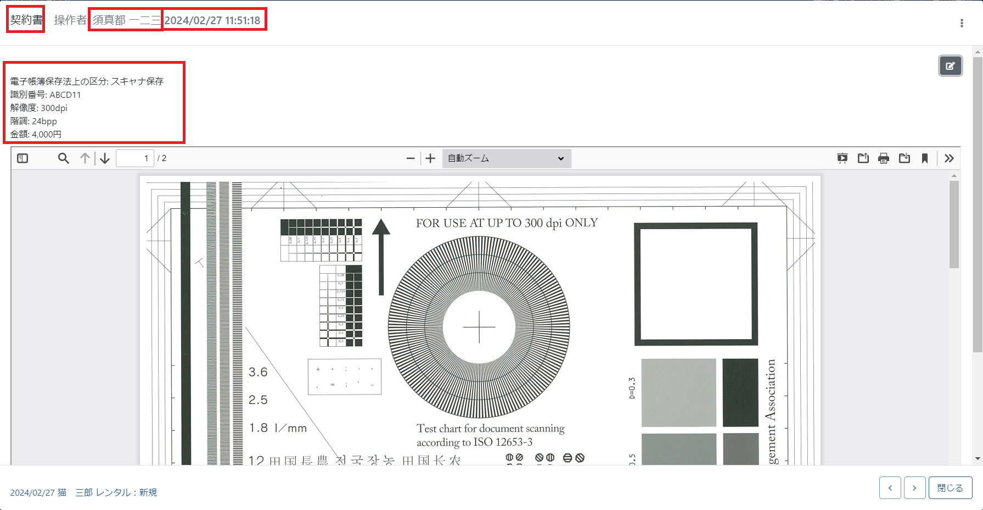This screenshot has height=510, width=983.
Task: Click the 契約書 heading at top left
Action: click(26, 20)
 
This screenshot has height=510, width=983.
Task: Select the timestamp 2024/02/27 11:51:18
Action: click(212, 20)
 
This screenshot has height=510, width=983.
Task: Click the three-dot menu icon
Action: click(961, 23)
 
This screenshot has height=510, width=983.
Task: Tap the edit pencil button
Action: click(950, 66)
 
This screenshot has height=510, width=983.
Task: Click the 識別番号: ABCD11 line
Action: click(46, 95)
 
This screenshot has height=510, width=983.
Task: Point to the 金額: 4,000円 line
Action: click(36, 134)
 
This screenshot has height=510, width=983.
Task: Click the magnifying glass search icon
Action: click(64, 158)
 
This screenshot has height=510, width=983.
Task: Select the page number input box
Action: click(134, 158)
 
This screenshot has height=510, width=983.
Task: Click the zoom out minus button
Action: click(410, 158)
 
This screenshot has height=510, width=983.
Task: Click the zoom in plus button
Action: click(430, 158)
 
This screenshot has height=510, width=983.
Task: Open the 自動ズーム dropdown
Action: click(505, 158)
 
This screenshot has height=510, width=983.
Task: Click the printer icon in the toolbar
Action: click(883, 158)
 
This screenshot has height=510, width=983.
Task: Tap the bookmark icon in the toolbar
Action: click(925, 158)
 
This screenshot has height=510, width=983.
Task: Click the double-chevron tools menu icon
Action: click(949, 158)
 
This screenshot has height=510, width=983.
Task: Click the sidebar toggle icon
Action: click(23, 158)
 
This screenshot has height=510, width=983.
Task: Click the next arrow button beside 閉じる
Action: click(914, 488)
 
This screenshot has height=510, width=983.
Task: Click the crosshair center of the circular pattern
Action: click(479, 327)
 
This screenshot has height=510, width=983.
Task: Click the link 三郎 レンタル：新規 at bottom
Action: click(116, 492)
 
